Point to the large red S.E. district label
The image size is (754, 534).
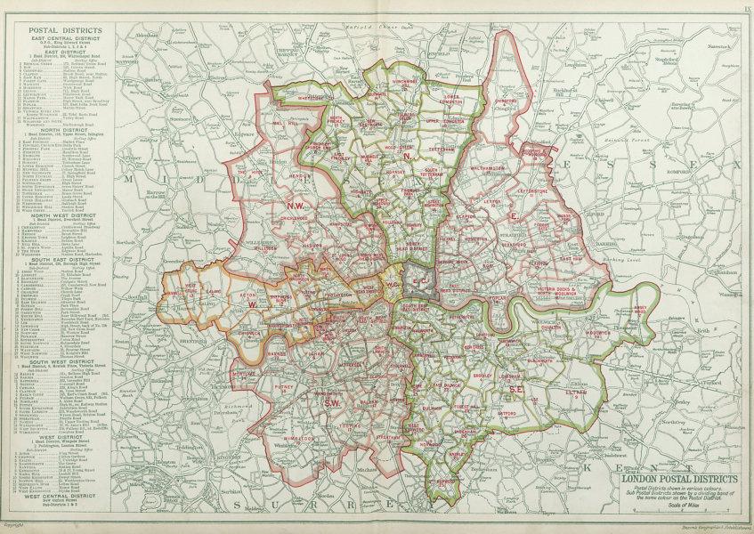[x=515, y=390]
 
